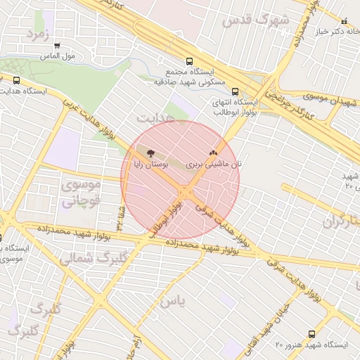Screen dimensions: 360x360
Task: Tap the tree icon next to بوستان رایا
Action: point(150,152)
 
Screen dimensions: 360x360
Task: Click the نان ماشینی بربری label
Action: point(214,163)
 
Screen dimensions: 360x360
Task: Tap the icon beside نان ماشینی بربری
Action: point(213,153)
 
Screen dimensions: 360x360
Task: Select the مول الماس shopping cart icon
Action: point(57,45)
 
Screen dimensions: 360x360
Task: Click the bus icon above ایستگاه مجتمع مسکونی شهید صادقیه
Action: point(188,62)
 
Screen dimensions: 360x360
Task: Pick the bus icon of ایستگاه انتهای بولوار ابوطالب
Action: point(235,91)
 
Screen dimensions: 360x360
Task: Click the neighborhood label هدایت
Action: point(154,116)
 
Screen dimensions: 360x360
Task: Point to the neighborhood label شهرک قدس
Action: point(255,20)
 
